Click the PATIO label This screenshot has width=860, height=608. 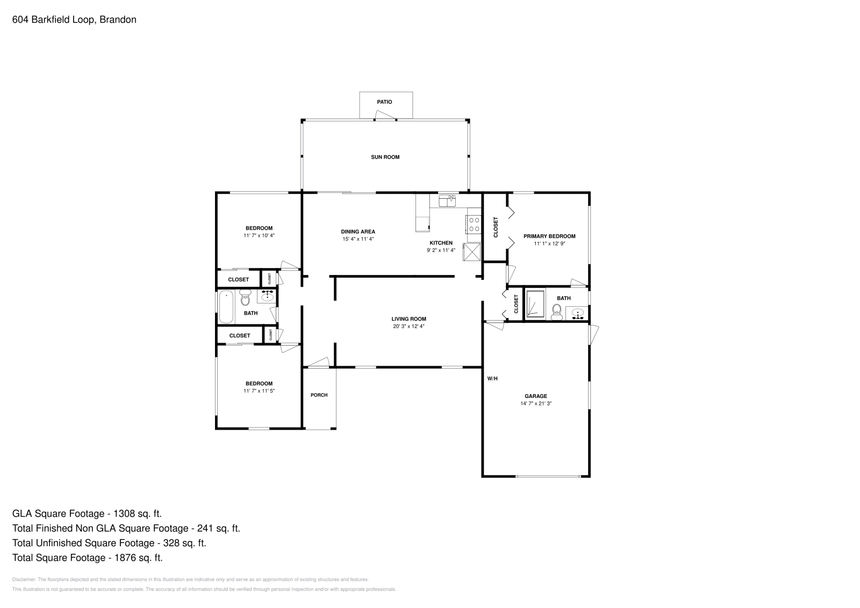[384, 102]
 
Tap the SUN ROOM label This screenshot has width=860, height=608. [385, 157]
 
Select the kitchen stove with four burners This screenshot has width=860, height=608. [474, 224]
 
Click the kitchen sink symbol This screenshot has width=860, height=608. [447, 201]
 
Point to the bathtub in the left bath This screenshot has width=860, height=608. [227, 307]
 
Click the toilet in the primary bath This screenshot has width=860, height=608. [557, 312]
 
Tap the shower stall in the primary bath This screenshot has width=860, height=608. [535, 305]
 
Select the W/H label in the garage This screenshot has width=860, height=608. [492, 379]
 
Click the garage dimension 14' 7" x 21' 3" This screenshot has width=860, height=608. [536, 403]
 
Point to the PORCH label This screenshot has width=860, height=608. [319, 395]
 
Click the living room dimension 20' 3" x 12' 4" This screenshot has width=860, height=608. [408, 326]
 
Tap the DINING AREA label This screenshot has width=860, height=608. [358, 232]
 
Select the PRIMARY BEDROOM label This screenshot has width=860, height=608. [549, 236]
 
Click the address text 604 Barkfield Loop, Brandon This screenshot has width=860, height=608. [74, 20]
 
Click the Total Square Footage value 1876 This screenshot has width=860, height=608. [125, 558]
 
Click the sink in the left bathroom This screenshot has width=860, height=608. [267, 295]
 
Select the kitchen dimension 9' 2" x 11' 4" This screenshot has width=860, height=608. [441, 250]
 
